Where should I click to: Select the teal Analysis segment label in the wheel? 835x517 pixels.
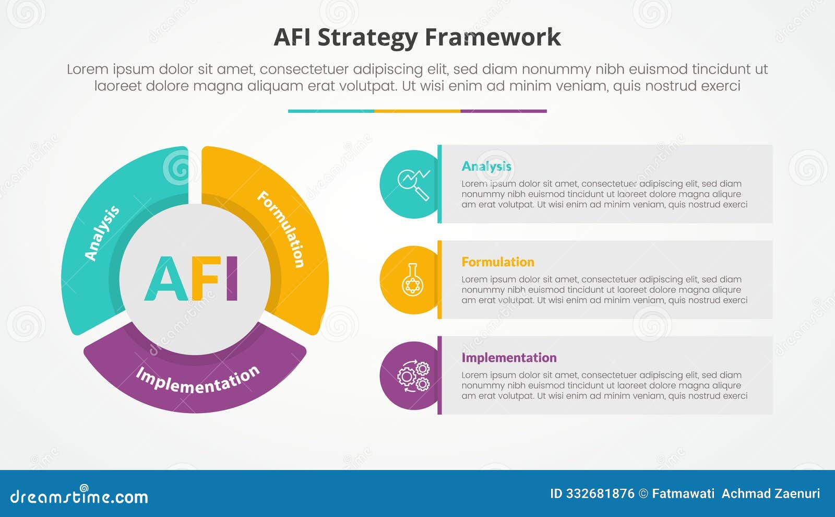(102, 233)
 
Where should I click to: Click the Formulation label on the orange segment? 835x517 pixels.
(281, 229)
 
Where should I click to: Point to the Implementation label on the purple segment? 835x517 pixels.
(198, 380)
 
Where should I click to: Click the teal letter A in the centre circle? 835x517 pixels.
(166, 279)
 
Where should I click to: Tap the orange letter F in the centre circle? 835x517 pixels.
(205, 279)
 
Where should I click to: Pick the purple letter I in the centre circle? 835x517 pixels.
(232, 279)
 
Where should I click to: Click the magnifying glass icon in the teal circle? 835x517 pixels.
(414, 184)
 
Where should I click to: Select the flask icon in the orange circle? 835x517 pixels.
(413, 280)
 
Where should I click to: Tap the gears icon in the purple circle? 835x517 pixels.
(413, 375)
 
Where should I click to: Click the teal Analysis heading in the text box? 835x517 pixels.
(486, 166)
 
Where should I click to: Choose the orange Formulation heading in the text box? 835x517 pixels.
(498, 262)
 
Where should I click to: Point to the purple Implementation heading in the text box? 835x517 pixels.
(509, 358)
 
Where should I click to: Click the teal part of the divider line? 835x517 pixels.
(331, 111)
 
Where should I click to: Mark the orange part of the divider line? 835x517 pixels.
(417, 111)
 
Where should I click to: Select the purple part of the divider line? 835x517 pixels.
(504, 111)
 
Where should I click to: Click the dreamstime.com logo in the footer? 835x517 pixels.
(79, 496)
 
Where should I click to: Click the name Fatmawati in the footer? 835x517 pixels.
(683, 494)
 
